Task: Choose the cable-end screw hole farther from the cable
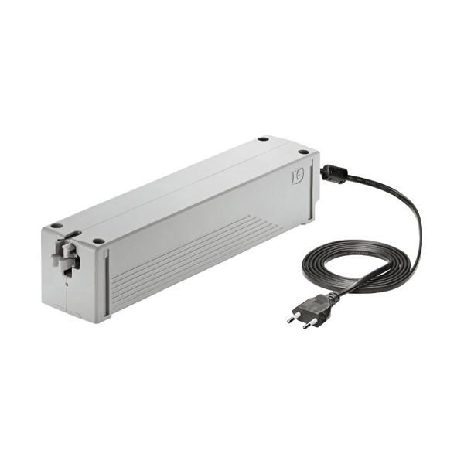264,140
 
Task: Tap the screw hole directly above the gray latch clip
56,226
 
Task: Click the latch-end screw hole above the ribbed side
98,241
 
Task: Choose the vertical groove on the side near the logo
312,193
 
